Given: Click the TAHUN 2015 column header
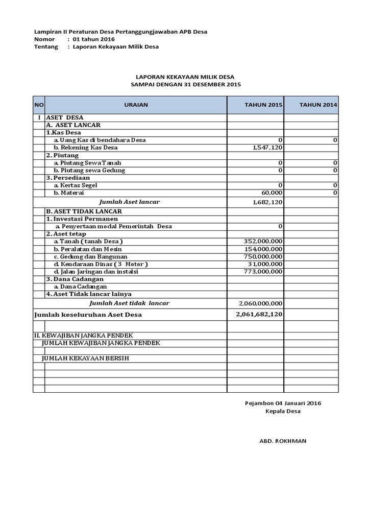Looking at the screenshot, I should (263, 105).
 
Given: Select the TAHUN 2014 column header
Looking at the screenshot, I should (318, 105).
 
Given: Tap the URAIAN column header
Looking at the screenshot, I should (136, 105).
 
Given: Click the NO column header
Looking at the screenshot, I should (39, 105).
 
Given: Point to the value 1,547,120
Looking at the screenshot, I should (268, 148).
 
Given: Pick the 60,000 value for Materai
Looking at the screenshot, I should (272, 193).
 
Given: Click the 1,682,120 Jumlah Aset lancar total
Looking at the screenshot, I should (268, 202).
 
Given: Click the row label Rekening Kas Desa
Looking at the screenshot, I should (86, 148).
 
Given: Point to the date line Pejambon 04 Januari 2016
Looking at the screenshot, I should (283, 403).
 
